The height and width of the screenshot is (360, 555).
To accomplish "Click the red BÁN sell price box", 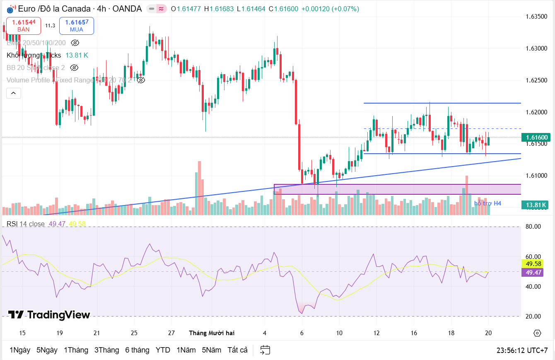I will click(23, 26).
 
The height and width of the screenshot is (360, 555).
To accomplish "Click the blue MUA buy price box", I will click(76, 26).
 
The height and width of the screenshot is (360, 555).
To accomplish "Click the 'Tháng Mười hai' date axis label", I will click(212, 333).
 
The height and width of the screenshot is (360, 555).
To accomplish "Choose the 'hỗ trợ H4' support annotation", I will click(487, 203).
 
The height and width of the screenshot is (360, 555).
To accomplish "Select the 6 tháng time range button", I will click(137, 350).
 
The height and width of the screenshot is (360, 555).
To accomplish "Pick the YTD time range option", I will click(163, 350).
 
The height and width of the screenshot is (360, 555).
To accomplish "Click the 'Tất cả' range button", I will click(237, 350).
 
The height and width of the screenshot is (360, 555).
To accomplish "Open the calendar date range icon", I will click(265, 350).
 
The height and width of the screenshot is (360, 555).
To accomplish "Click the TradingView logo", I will click(49, 315).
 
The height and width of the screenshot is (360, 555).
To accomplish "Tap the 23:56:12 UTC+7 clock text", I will click(522, 350).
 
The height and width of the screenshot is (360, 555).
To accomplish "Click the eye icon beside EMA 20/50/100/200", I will click(75, 43).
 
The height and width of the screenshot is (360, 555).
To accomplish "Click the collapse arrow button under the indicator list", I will click(13, 93).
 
